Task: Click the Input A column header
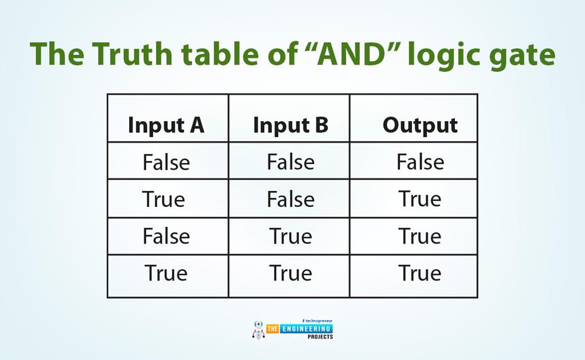(166, 125)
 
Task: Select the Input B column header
(291, 125)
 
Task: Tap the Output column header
(420, 125)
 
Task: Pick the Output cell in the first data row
(420, 162)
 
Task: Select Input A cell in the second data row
(163, 199)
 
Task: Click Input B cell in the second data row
(291, 199)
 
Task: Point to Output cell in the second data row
(420, 199)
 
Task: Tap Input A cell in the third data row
(166, 237)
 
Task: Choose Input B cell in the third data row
(291, 237)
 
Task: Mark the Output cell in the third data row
(420, 237)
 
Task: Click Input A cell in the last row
(166, 274)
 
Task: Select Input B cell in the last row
(291, 274)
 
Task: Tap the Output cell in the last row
(420, 274)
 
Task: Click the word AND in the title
(350, 54)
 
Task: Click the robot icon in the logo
(258, 329)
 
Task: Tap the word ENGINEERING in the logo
(306, 329)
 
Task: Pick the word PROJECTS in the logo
(320, 337)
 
